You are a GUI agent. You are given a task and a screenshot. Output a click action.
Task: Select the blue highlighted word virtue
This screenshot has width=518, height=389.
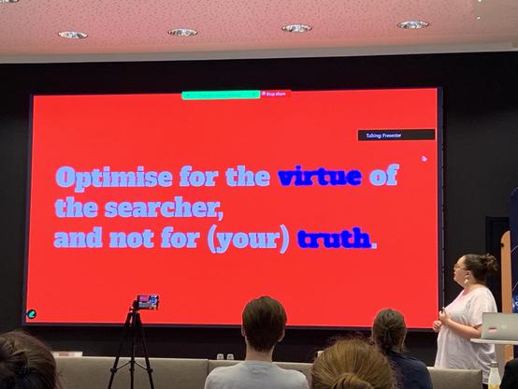(319, 176)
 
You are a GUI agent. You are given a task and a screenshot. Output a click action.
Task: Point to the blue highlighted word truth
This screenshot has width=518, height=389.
(334, 238)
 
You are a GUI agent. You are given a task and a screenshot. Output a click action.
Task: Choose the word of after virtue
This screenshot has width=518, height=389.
(383, 176)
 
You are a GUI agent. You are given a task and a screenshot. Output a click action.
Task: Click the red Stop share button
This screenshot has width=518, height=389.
(275, 94)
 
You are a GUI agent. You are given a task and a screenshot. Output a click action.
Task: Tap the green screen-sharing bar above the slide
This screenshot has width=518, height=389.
(220, 94)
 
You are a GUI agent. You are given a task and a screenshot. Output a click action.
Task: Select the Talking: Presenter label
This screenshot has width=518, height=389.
(396, 135)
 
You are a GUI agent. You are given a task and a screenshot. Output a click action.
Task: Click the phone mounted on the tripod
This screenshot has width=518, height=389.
(147, 301)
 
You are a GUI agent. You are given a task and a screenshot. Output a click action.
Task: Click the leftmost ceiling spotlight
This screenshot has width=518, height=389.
(72, 35)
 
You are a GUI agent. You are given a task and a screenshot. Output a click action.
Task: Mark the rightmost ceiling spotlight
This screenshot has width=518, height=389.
(412, 24)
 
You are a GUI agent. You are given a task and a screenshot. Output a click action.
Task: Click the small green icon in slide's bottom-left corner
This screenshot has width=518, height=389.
(32, 314)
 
